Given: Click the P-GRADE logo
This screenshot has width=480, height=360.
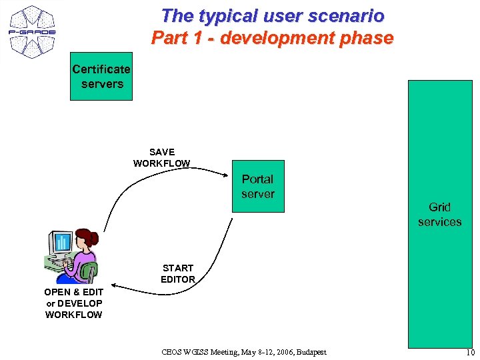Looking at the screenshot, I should tap(32, 31).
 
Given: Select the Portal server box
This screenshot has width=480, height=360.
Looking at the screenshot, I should tap(258, 187).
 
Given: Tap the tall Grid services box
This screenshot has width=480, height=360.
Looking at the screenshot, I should tap(439, 213).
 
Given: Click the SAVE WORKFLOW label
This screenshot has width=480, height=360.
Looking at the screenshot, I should tap(162, 158).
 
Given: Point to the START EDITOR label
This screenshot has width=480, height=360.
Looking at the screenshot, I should tap(178, 273).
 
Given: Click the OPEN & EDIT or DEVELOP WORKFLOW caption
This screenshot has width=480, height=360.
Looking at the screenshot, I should tap(74, 303).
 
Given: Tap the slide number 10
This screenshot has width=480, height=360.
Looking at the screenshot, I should tap(471, 353).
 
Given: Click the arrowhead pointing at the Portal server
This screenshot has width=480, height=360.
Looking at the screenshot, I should tap(227, 174).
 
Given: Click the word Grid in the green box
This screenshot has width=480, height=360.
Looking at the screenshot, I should tap(439, 207).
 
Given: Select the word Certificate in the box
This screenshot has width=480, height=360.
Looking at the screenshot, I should tap(101, 69).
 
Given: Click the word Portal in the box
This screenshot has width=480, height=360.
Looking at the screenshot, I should tap(258, 179).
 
